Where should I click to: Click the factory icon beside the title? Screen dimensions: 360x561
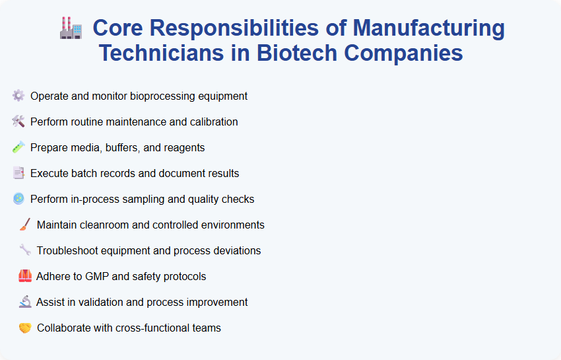coord(70,29)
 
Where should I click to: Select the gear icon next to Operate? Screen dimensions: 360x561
coord(18,96)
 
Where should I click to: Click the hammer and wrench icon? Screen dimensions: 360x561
coord(18,122)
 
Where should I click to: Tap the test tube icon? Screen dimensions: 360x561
coord(18,147)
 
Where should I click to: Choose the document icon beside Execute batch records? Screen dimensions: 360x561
coord(18,173)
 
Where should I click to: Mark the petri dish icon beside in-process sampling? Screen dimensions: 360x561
coord(18,199)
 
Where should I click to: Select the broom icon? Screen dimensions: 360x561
coord(25,225)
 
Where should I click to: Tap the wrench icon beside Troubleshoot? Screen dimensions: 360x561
coord(25,250)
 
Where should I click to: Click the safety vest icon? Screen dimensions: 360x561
coord(25,276)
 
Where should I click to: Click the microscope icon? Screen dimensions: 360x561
coord(25,302)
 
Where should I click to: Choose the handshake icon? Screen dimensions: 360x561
coord(25,328)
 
